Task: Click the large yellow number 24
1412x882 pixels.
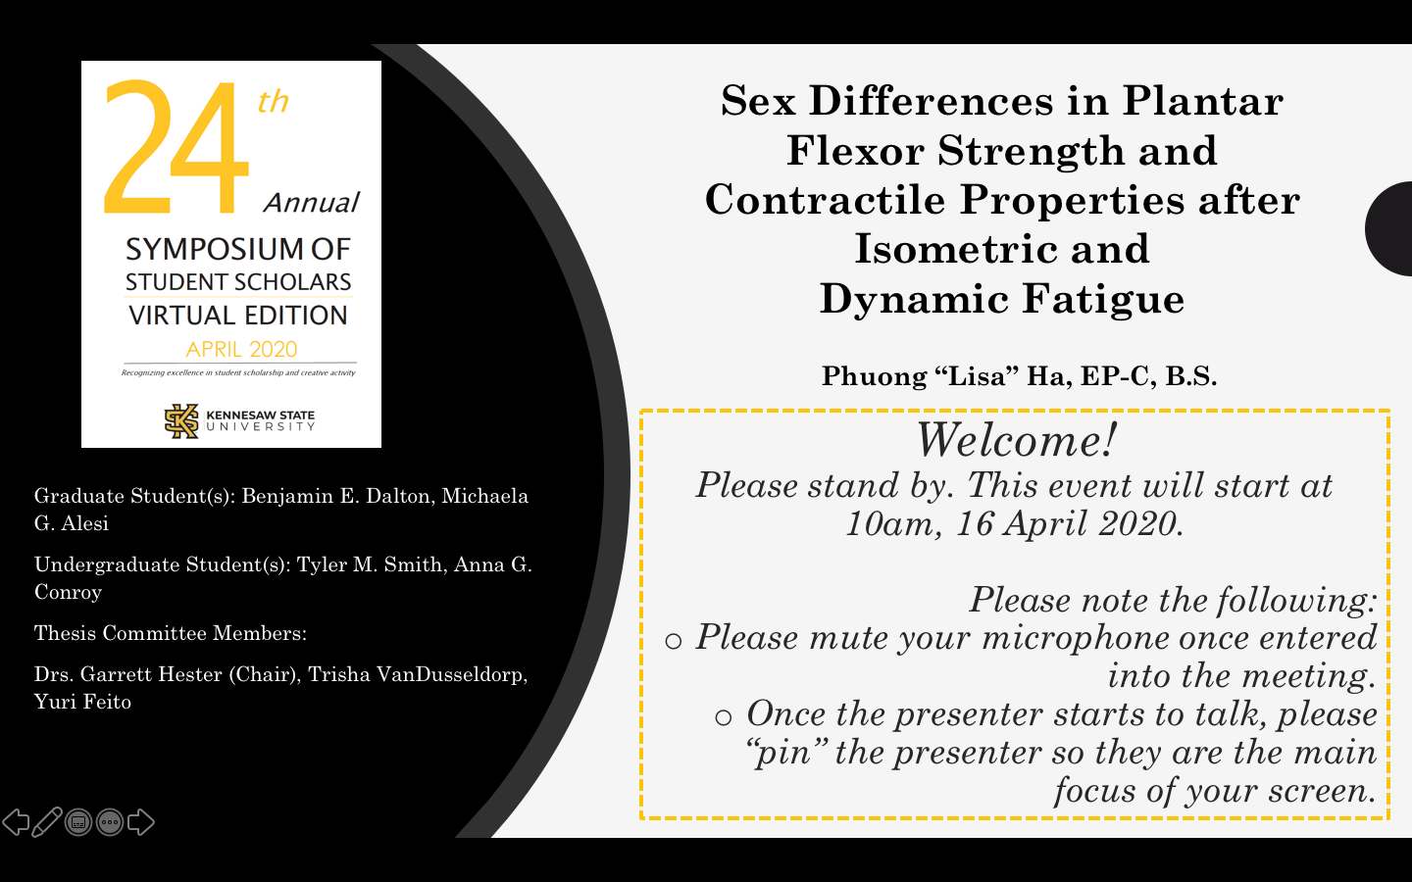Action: [176, 147]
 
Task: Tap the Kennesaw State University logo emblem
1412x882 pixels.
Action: [181, 420]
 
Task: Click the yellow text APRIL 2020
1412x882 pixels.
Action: [241, 349]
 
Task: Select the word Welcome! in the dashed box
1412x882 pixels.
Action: [1016, 439]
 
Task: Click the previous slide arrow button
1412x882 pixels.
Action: [16, 822]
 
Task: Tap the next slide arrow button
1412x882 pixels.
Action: [140, 822]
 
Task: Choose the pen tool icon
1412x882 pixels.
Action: [47, 822]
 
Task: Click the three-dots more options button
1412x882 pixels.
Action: [110, 822]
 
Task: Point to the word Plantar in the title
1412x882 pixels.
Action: [1203, 100]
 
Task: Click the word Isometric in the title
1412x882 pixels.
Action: [956, 248]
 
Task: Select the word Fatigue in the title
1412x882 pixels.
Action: [1103, 299]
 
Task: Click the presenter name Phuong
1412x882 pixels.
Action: [875, 376]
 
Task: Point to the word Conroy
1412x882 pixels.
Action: [68, 592]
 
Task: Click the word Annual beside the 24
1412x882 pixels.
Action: [312, 203]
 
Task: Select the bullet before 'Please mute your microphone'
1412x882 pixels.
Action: [674, 641]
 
